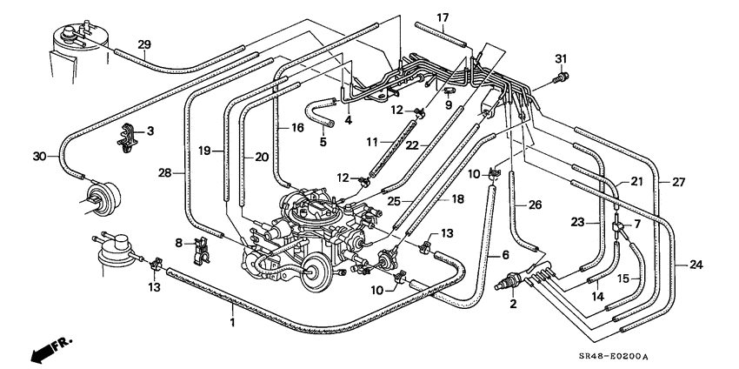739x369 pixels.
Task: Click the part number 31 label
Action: [x=560, y=59]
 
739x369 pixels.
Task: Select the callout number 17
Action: [x=443, y=18]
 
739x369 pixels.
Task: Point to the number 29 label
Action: [x=144, y=45]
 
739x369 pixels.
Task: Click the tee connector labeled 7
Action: [x=618, y=227]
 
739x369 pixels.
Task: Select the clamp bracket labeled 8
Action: [x=200, y=251]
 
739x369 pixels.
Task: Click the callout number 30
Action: [x=40, y=156]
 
